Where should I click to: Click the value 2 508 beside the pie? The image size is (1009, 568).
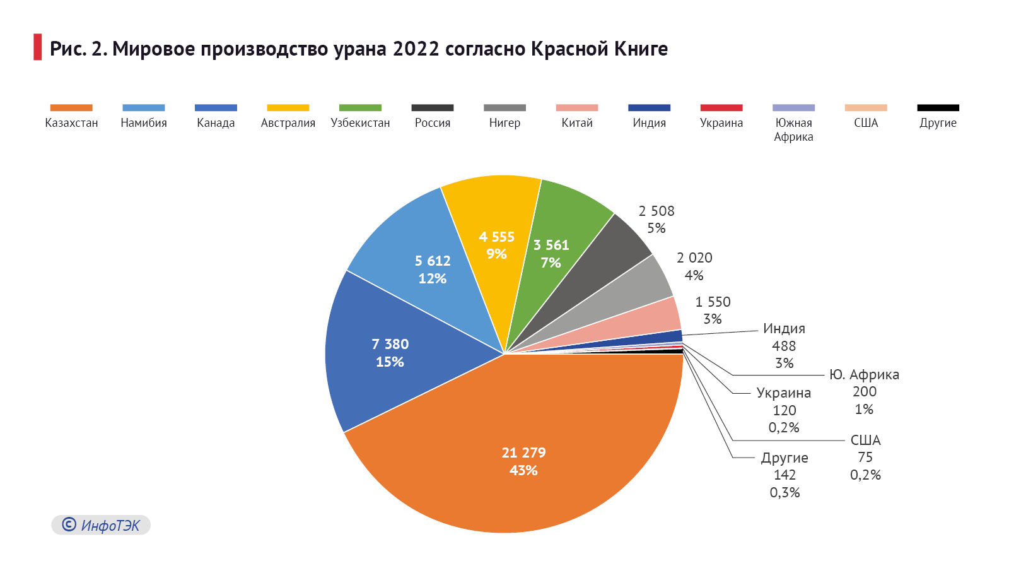656,211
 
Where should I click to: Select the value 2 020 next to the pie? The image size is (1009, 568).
694,257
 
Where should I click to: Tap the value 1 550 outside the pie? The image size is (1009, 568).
713,302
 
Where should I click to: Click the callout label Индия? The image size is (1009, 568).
784,328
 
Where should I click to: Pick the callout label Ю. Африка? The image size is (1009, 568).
864,374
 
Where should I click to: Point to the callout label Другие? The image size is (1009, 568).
784,458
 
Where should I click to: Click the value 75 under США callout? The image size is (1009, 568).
865,457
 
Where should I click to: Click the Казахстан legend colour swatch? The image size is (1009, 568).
71,108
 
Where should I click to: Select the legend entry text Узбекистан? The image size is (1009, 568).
360,123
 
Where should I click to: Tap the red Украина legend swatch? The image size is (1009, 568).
721,108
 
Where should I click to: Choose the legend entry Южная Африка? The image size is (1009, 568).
793,129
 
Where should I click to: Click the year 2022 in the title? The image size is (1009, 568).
416,49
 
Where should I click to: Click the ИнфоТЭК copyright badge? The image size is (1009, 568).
101,525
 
